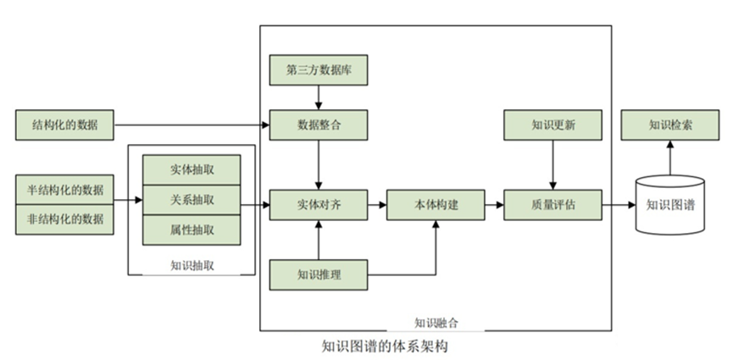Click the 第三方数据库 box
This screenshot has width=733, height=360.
click(x=319, y=70)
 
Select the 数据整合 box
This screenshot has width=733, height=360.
click(x=319, y=125)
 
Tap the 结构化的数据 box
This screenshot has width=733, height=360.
click(x=64, y=125)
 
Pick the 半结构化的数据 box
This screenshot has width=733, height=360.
click(x=64, y=190)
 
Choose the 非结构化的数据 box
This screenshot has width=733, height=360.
click(x=64, y=219)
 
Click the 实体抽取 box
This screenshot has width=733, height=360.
click(x=192, y=169)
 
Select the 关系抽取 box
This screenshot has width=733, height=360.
click(x=192, y=200)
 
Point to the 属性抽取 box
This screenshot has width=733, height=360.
click(x=192, y=230)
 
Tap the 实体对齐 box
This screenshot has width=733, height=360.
click(x=319, y=205)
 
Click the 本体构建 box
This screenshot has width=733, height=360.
click(x=436, y=205)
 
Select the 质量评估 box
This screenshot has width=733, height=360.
click(x=553, y=205)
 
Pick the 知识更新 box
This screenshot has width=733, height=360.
click(x=553, y=125)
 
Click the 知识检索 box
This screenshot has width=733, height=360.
click(x=670, y=125)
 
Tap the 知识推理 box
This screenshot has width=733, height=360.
click(x=319, y=275)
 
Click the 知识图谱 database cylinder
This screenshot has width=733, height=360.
click(x=670, y=205)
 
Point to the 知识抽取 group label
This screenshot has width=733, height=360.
click(x=192, y=266)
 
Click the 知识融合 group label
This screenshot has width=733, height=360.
click(x=436, y=323)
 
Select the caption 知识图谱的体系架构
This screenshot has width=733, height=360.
click(x=385, y=346)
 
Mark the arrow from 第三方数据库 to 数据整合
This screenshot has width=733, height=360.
click(x=319, y=97)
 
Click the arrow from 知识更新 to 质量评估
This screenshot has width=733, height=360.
click(x=553, y=165)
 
